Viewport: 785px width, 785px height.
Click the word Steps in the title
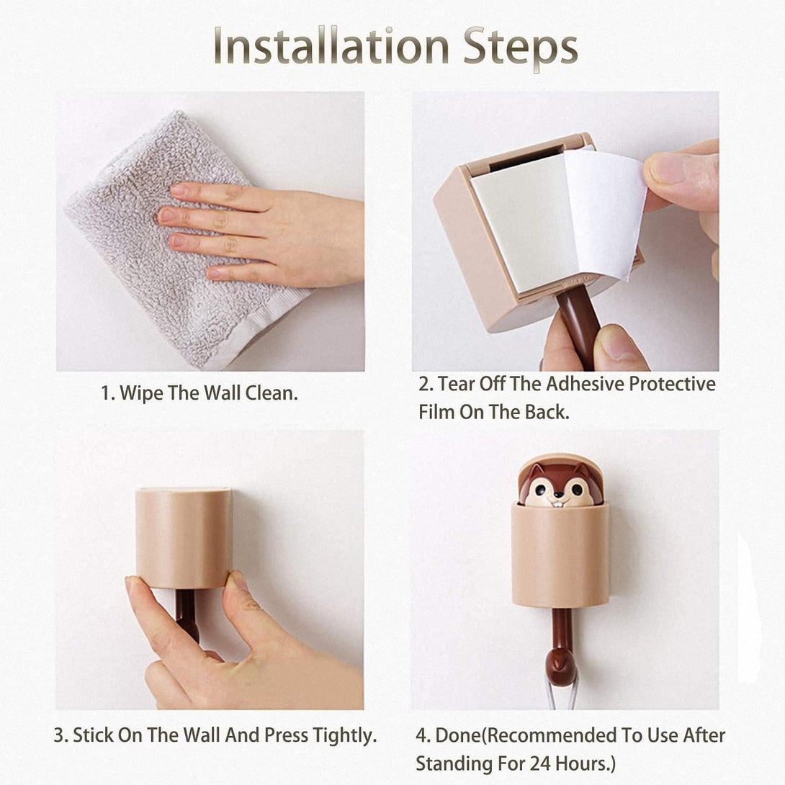tap(521, 49)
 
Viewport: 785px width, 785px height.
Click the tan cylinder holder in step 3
tap(184, 538)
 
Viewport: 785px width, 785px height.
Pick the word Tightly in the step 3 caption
tap(344, 735)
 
